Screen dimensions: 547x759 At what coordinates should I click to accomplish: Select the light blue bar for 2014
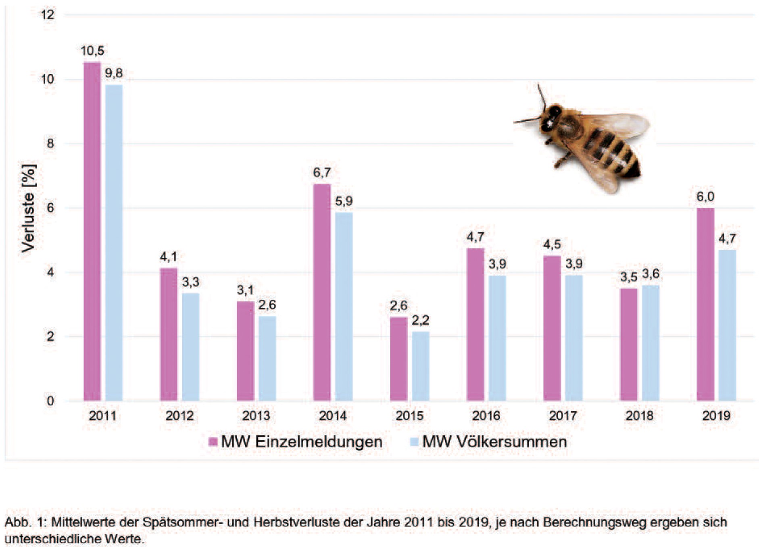[344, 307]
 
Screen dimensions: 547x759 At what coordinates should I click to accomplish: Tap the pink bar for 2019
[705, 305]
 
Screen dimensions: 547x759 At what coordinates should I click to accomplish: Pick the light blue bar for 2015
[420, 366]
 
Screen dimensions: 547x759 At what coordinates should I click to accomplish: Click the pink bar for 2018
[628, 344]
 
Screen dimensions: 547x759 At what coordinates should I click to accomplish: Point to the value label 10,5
[92, 51]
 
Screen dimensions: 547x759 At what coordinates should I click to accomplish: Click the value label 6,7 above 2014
[321, 173]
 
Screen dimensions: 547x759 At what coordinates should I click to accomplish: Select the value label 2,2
[420, 320]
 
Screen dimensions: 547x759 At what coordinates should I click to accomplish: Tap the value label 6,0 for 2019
[705, 196]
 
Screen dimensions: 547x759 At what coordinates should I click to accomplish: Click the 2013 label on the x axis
[256, 415]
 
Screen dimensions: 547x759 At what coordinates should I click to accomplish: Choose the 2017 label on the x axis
[563, 415]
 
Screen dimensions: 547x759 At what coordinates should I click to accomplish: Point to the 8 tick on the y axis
[50, 143]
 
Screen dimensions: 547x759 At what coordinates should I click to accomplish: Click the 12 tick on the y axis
[48, 15]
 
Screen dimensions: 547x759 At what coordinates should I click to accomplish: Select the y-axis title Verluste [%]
[28, 209]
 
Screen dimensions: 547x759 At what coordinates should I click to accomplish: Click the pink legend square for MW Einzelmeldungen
[213, 441]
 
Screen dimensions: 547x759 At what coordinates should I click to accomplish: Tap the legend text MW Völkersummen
[494, 442]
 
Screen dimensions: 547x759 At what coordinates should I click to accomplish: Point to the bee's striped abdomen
[613, 155]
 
